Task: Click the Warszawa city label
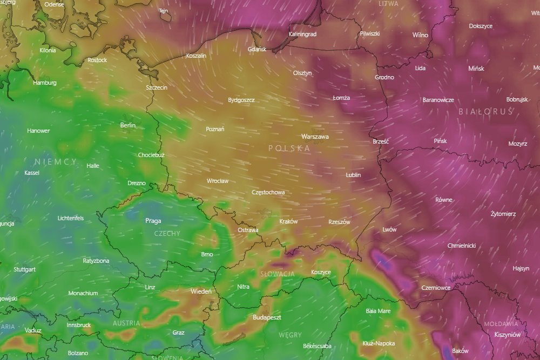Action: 315,137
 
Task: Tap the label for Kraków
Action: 288,221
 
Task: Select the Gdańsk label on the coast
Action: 257,49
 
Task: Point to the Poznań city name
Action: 215,129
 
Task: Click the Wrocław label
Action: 218,181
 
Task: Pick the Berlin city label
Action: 128,125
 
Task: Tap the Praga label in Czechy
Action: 153,220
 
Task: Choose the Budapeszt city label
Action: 267,317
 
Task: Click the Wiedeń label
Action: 201,291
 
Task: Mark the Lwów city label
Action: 389,229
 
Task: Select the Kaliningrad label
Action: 302,34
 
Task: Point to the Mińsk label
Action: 476,69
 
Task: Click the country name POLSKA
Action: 289,148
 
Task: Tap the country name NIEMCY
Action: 55,162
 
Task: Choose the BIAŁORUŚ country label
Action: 485,111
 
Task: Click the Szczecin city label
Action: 157,87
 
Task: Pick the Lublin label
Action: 353,175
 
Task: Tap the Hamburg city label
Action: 44,83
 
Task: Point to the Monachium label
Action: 83,293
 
